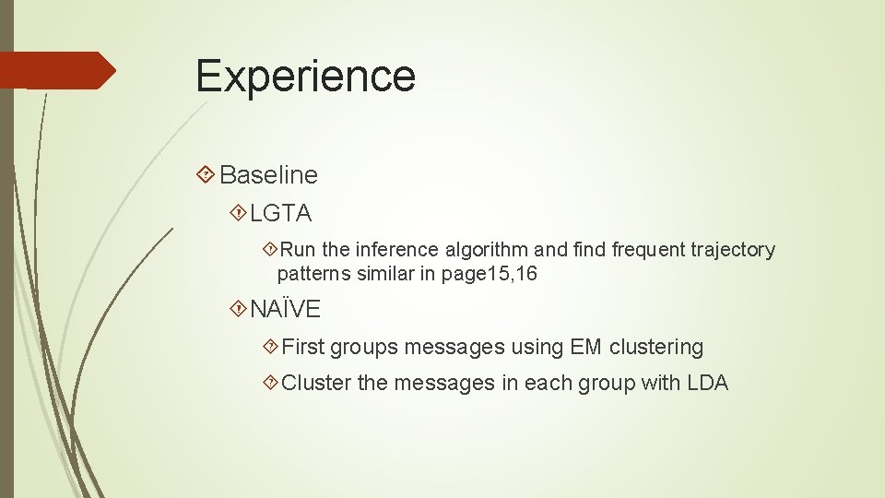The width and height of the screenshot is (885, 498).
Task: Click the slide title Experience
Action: point(305,76)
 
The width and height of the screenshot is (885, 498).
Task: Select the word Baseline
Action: point(268,174)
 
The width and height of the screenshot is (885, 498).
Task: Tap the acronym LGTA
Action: point(281,214)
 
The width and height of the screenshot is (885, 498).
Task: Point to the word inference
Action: point(395,250)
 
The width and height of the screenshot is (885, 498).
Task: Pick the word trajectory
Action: point(729,250)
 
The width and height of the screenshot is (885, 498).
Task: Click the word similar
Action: point(384,274)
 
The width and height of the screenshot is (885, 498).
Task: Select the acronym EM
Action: point(585,347)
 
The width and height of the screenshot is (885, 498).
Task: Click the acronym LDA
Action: point(707,383)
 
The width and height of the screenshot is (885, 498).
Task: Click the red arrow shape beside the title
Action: point(58,70)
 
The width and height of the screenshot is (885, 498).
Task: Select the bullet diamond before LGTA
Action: point(238,214)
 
